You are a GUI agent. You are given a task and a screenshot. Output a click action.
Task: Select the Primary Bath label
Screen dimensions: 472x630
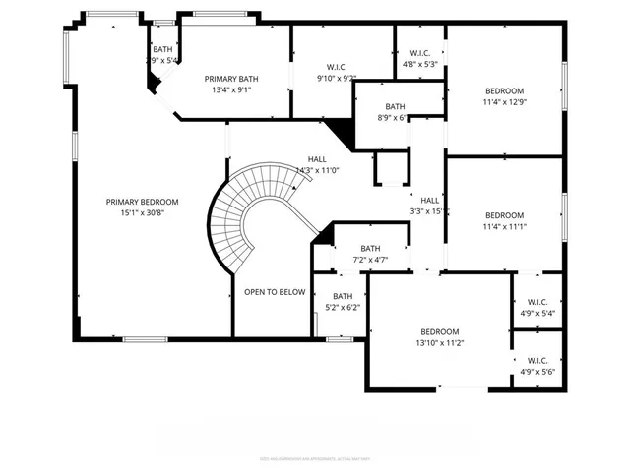(x=230, y=79)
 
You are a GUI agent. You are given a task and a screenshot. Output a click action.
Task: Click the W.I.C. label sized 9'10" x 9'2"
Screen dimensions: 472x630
(x=336, y=66)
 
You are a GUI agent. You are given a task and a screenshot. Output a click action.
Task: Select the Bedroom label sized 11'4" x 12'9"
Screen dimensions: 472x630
(x=503, y=89)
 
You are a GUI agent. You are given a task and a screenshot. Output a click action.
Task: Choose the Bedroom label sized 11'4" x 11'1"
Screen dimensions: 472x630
(x=504, y=215)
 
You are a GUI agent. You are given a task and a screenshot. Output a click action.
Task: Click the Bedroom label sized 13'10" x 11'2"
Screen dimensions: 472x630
(x=440, y=332)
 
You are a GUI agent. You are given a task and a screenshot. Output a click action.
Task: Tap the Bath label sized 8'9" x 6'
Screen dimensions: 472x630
(x=395, y=106)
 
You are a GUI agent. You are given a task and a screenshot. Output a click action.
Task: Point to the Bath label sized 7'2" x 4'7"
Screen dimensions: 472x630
(x=370, y=249)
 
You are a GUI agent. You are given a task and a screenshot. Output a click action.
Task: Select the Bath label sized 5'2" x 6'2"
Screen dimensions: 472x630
(x=343, y=296)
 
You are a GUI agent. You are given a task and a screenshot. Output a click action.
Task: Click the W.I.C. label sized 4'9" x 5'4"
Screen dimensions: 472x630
(x=537, y=302)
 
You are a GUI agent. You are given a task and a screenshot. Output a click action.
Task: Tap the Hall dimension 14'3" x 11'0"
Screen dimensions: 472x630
(x=317, y=170)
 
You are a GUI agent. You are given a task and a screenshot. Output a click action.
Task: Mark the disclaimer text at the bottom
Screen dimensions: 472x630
(x=314, y=457)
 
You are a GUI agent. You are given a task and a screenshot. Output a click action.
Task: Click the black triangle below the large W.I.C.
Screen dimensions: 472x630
(x=340, y=129)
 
